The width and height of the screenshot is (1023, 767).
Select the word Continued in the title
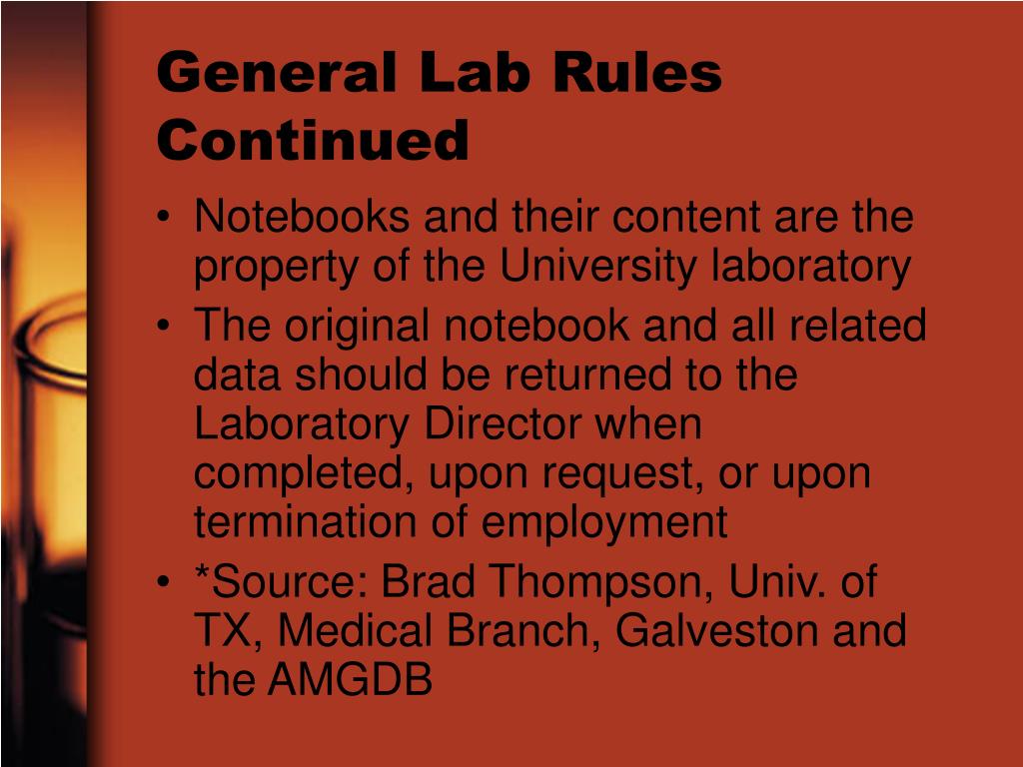(x=313, y=140)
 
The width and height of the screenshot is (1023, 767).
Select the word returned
(x=586, y=375)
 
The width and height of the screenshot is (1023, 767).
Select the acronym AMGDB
(x=350, y=680)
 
